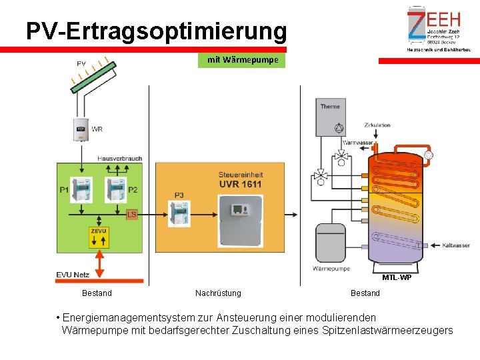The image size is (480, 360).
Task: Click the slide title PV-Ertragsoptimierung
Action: (x=156, y=31)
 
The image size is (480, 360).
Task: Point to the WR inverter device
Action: (x=81, y=129)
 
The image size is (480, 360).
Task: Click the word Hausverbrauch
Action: (x=119, y=158)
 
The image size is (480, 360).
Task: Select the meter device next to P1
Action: (x=81, y=190)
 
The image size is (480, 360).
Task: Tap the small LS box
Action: (x=132, y=214)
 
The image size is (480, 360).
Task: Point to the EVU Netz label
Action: (x=73, y=274)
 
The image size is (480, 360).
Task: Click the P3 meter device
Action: (x=179, y=213)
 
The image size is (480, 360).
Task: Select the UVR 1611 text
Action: (x=240, y=183)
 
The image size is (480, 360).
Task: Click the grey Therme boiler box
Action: (x=331, y=119)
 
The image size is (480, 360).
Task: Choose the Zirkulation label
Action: (x=377, y=125)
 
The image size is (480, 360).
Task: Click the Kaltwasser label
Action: (x=455, y=245)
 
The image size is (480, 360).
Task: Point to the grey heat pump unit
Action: (x=330, y=243)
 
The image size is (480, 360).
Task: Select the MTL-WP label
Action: (x=397, y=277)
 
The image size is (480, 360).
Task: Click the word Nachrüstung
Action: (x=218, y=293)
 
